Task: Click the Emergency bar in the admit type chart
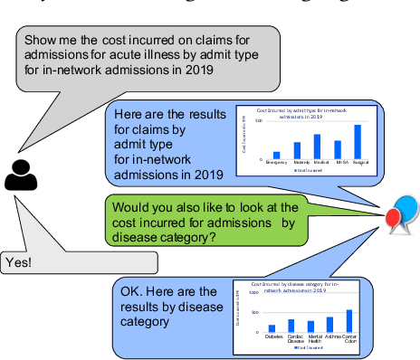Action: tap(276, 156)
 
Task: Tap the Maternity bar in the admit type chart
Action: tap(297, 151)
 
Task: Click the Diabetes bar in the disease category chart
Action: tap(272, 328)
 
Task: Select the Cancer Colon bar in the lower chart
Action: tap(348, 321)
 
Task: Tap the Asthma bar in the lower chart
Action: tap(329, 325)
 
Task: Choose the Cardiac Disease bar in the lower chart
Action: tap(291, 326)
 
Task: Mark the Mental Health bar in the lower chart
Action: tap(310, 327)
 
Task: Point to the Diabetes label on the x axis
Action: tap(274, 336)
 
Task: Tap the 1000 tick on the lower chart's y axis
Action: tap(253, 293)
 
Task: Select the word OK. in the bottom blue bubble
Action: tap(132, 291)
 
